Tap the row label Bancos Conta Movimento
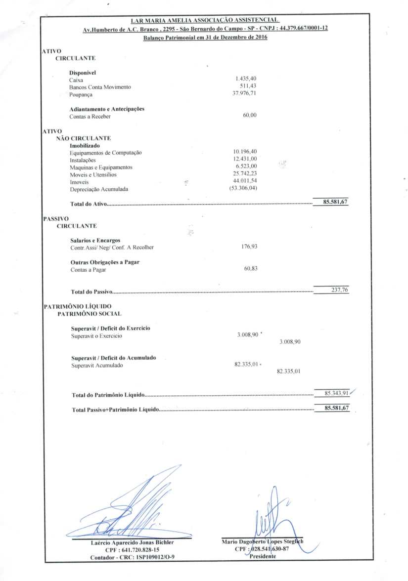pyautogui.click(x=100, y=87)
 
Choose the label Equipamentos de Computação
pyautogui.click(x=106, y=153)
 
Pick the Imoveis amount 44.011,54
pyautogui.click(x=245, y=182)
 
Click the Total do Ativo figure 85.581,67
pyautogui.click(x=336, y=202)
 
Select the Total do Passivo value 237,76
pyautogui.click(x=339, y=290)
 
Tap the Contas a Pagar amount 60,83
pyautogui.click(x=251, y=268)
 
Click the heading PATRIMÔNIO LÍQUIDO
pyautogui.click(x=78, y=306)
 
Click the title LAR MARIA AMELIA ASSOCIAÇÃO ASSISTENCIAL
pyautogui.click(x=205, y=20)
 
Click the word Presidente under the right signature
pyautogui.click(x=263, y=556)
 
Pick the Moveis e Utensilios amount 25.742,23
pyautogui.click(x=245, y=174)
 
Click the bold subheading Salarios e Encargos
pyautogui.click(x=95, y=240)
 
